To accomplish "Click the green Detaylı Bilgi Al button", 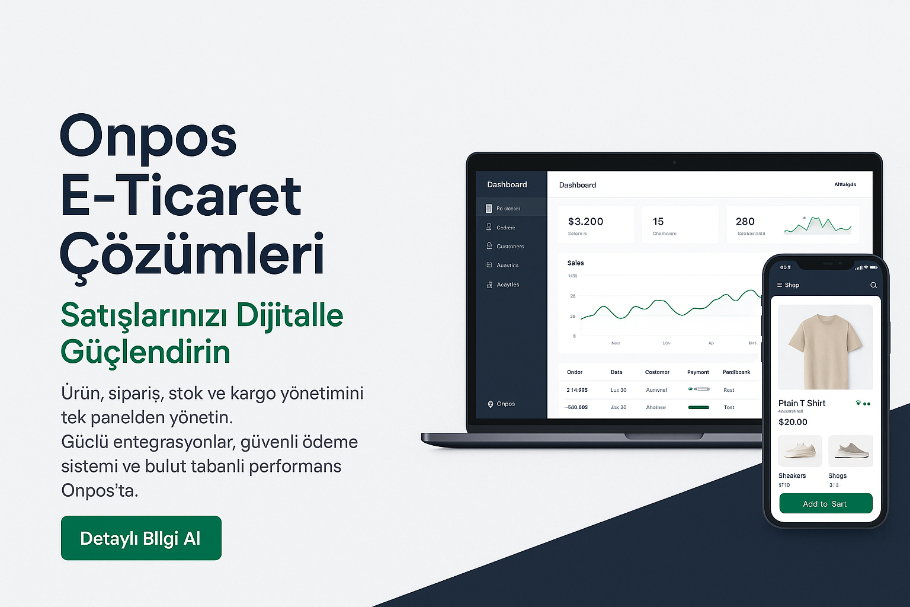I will tap(141, 538).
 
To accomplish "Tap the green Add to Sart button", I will tap(825, 504).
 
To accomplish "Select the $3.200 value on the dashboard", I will tap(585, 222).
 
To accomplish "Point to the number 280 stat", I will tap(745, 222).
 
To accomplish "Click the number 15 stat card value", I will tap(658, 222).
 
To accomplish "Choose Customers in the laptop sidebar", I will tap(510, 247).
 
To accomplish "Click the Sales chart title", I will tap(575, 263).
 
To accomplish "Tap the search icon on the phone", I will tap(873, 285).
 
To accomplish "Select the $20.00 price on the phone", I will tap(793, 422).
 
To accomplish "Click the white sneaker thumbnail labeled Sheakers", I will tap(800, 451).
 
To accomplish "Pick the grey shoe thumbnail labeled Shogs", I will tap(851, 451).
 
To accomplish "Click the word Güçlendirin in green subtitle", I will tap(145, 352).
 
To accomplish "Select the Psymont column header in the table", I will tap(698, 372).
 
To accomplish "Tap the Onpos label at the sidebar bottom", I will tap(505, 404).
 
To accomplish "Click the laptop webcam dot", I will tap(674, 162).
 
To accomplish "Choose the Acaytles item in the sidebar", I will tap(508, 285).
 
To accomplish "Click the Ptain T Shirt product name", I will tap(802, 404).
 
